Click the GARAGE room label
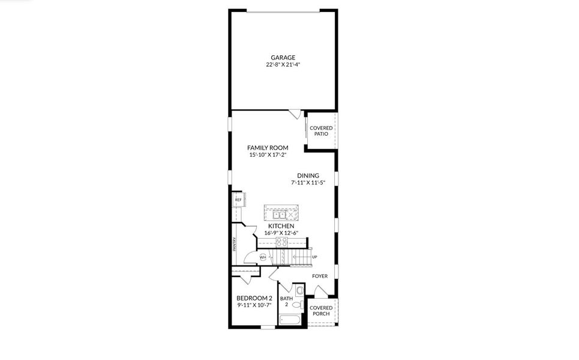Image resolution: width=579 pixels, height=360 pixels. pos(283,58)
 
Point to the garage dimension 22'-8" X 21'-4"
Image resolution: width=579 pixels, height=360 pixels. pos(283,64)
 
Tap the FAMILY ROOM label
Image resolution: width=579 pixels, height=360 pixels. pos(268,148)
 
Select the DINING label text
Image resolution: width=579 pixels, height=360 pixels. pos(308,176)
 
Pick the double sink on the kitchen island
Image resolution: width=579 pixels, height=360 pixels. pos(279,214)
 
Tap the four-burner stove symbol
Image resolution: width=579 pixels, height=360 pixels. pos(281,242)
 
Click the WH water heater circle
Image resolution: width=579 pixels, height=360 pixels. pos(263,257)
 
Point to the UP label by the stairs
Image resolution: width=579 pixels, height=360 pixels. pos(314,257)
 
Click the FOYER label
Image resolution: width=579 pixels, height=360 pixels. pos(320,276)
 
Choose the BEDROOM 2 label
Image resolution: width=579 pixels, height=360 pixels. pos(254,298)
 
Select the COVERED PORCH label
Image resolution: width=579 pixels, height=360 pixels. pos(321,311)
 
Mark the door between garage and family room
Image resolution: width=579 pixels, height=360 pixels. pos(294,113)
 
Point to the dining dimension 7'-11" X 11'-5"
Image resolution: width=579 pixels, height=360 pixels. pos(308,182)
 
